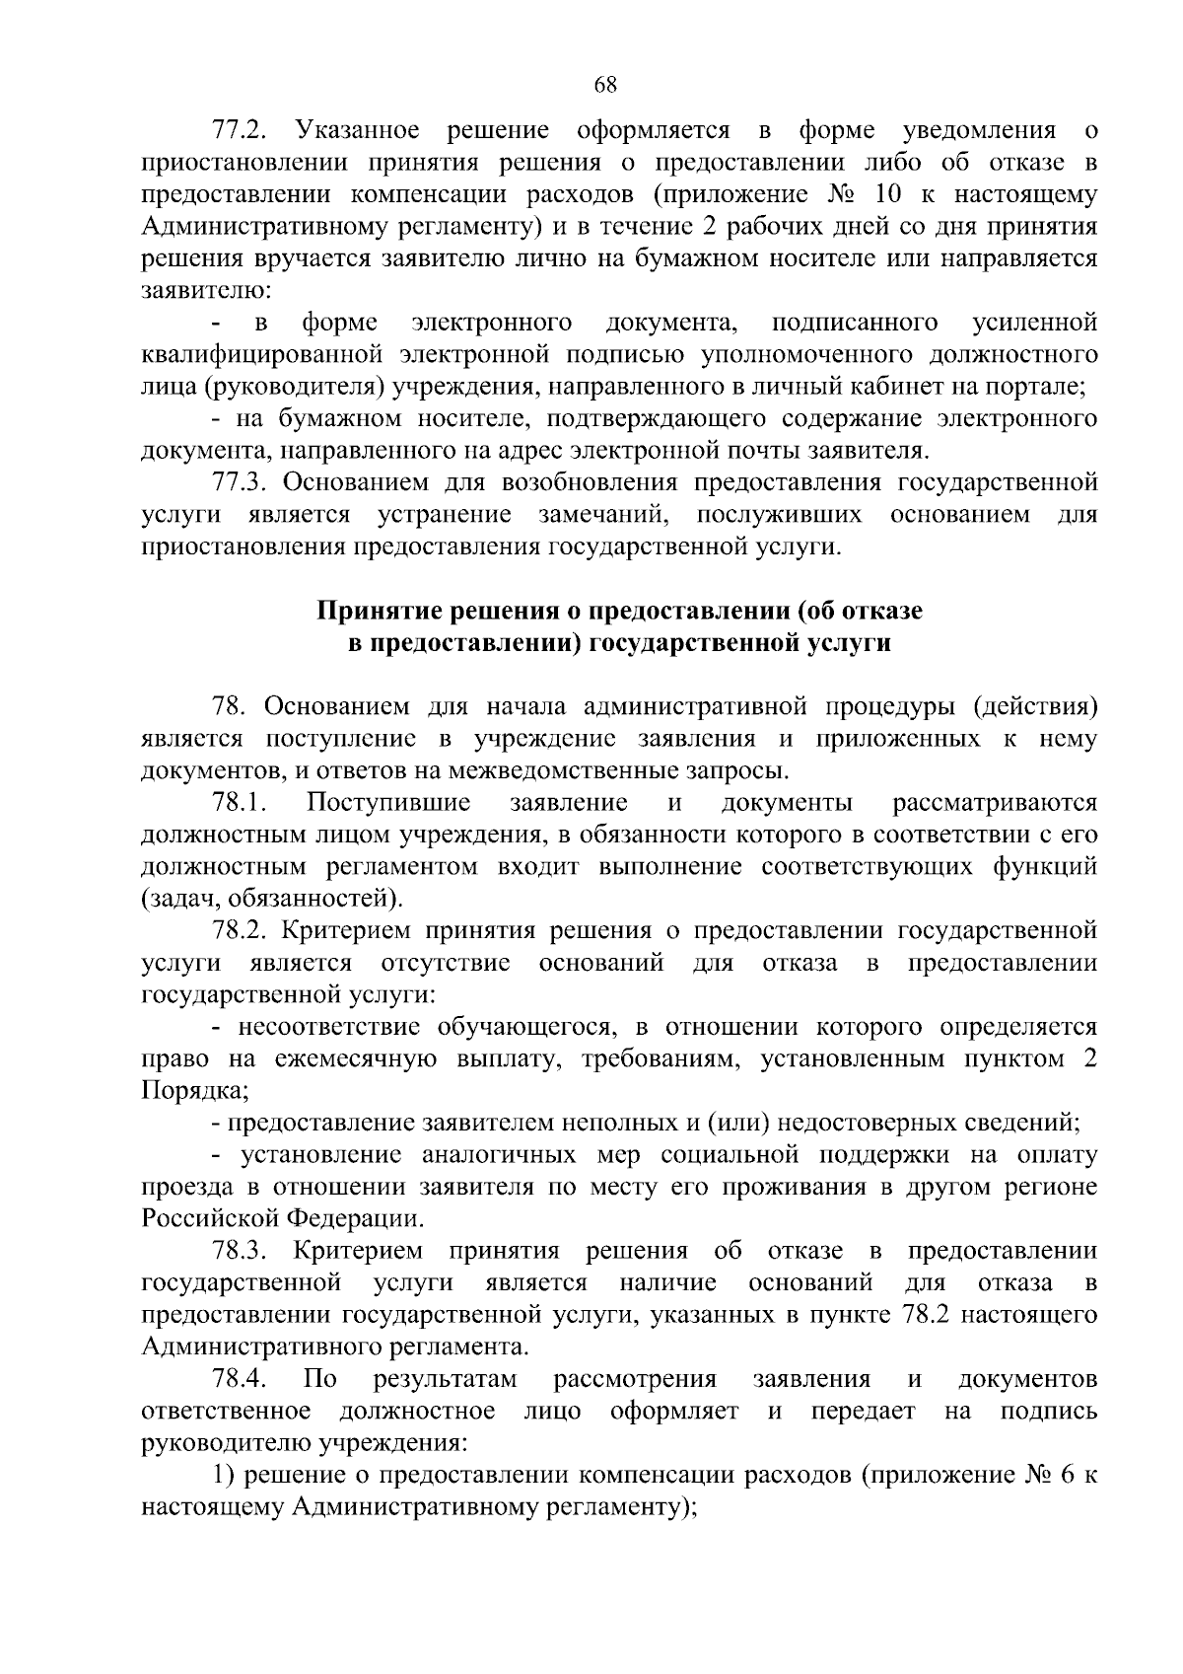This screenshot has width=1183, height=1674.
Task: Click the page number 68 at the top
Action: pos(605,86)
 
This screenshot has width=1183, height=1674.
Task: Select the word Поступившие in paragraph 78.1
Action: pos(388,803)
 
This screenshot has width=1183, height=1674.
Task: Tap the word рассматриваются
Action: pos(995,803)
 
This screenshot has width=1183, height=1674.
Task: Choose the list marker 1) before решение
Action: pos(225,1476)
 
